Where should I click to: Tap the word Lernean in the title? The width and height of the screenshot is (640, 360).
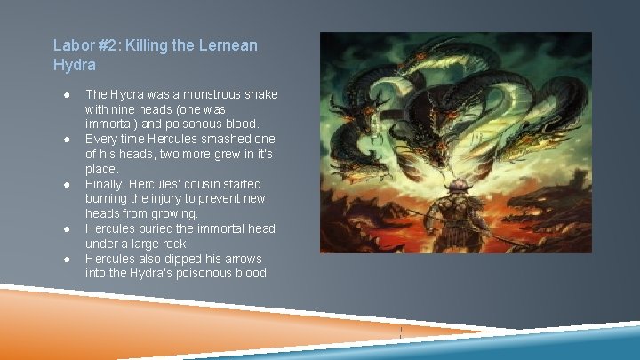[x=226, y=44]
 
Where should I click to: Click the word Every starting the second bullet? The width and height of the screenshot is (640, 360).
[x=100, y=139]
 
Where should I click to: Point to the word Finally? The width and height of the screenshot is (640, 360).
[x=103, y=184]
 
